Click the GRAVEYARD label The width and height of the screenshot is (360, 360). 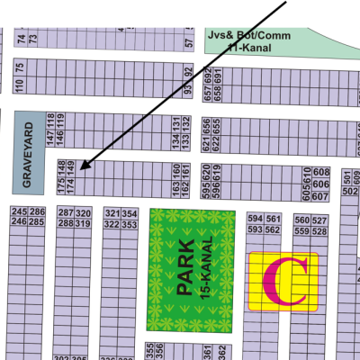(28, 154)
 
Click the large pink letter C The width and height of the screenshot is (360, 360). (288, 281)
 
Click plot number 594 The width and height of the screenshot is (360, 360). (254, 220)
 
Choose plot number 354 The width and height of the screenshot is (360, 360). (130, 213)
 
